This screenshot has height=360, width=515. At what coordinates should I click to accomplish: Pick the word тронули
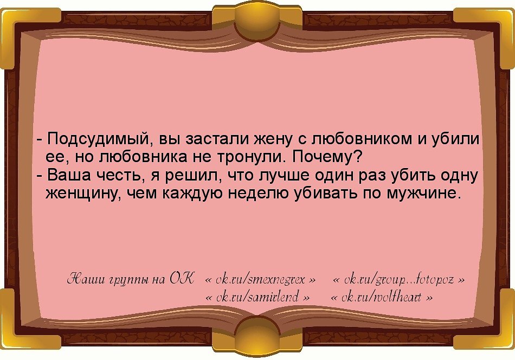[251, 158]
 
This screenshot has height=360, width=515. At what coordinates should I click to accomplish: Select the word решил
[192, 176]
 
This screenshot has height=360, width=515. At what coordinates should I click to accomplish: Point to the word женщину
[83, 194]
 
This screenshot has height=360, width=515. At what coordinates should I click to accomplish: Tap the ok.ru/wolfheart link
[382, 298]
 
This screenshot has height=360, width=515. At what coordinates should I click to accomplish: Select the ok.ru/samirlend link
[259, 298]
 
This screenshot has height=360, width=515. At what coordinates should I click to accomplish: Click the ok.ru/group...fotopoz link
[398, 280]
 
